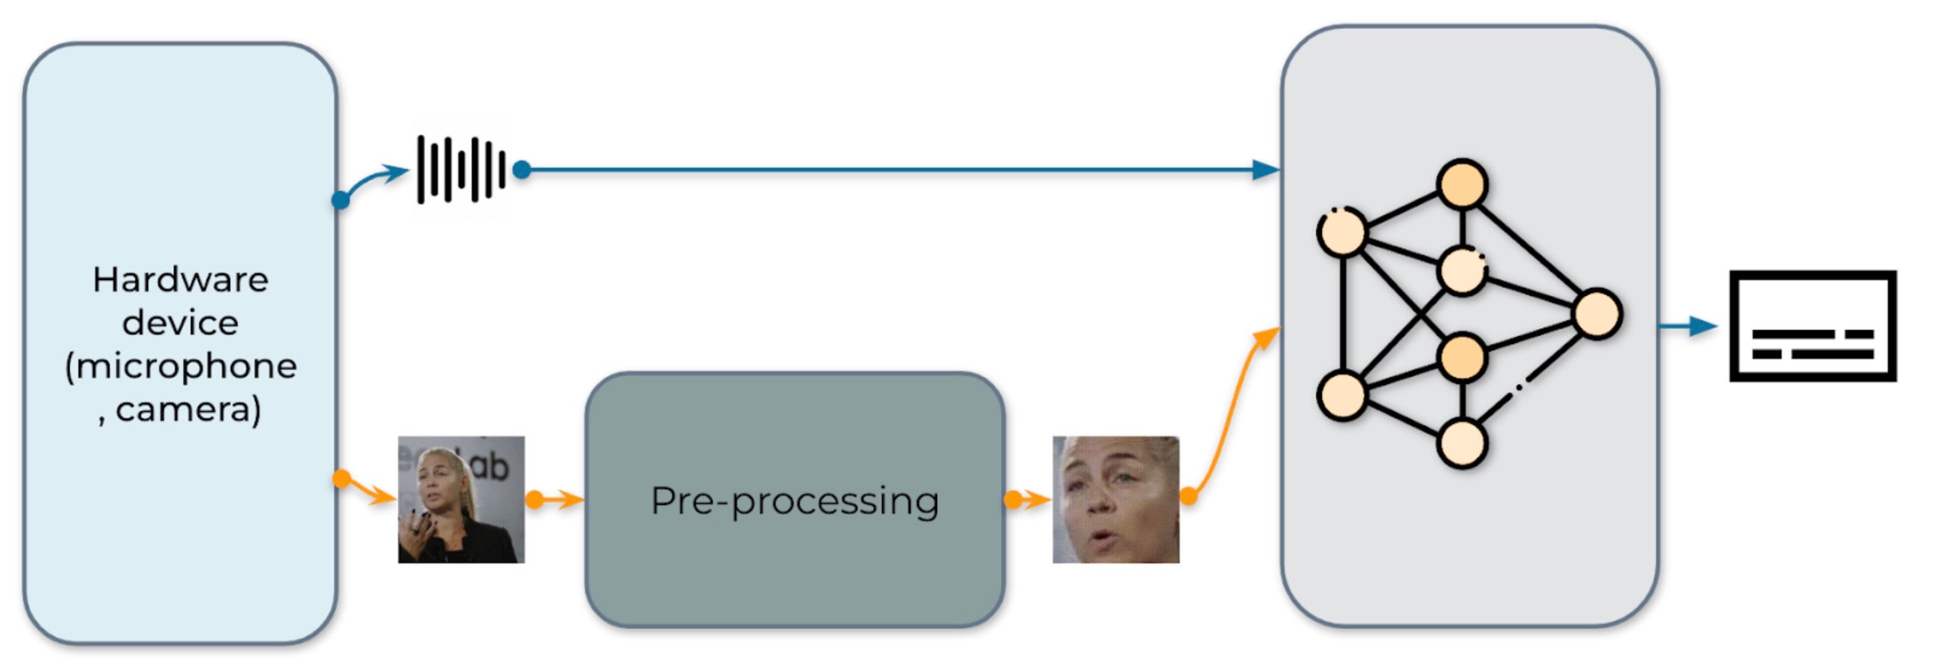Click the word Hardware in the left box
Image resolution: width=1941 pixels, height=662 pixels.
(180, 280)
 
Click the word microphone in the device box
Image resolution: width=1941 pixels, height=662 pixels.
(187, 367)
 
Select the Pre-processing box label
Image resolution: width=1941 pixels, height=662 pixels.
(794, 501)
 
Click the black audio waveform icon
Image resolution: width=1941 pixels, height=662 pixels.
(460, 169)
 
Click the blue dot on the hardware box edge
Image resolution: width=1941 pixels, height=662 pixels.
(341, 201)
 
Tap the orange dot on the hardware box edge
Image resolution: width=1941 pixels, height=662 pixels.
(342, 479)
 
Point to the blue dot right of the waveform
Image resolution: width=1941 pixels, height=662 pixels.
(521, 169)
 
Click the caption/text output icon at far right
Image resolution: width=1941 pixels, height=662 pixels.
(1811, 326)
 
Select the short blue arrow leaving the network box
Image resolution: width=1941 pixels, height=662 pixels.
(1688, 326)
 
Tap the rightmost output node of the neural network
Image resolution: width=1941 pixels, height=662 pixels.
(1596, 313)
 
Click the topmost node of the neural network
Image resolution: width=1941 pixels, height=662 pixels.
(1461, 184)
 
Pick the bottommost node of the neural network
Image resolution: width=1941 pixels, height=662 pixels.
(1461, 443)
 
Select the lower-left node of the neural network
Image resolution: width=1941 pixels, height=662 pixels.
(1342, 395)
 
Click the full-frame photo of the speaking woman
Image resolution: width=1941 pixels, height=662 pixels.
(461, 500)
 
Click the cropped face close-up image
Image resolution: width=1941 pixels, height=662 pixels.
(1115, 500)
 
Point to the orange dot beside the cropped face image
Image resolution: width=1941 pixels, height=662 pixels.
(1188, 497)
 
